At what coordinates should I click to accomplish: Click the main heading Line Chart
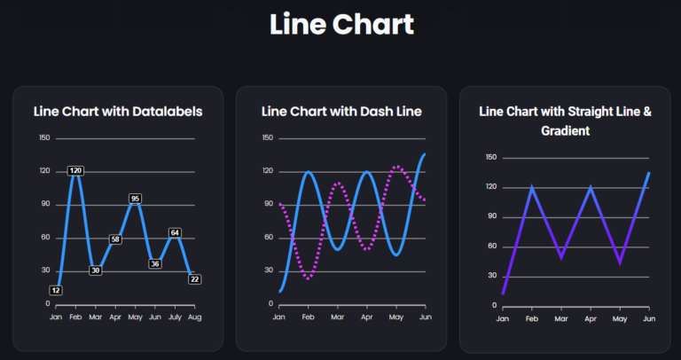click(x=341, y=24)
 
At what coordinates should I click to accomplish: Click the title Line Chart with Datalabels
click(x=118, y=112)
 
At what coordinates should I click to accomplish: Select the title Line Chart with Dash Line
click(x=341, y=112)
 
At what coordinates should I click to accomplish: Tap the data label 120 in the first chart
click(x=75, y=170)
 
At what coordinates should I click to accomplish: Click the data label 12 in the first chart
click(x=55, y=290)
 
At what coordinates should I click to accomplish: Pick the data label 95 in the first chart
click(x=135, y=199)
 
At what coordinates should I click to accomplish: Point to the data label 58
click(x=115, y=239)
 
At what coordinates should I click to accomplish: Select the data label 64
click(x=175, y=233)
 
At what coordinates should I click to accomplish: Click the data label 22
click(x=195, y=278)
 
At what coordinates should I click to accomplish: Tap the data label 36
click(x=155, y=263)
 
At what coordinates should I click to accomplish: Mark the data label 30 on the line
click(x=95, y=270)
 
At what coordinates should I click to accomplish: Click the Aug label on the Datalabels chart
click(x=195, y=317)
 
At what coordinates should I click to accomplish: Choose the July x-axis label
click(x=175, y=317)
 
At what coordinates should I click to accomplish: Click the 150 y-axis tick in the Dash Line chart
click(x=267, y=138)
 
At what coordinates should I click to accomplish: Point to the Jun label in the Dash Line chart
click(x=425, y=317)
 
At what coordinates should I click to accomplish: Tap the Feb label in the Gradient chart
click(x=532, y=318)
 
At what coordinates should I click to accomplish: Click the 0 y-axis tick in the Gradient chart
click(x=493, y=306)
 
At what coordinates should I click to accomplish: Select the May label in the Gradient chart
click(x=619, y=318)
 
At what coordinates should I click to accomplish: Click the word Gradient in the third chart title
click(x=566, y=130)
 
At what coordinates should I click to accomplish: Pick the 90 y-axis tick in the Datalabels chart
click(x=45, y=205)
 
